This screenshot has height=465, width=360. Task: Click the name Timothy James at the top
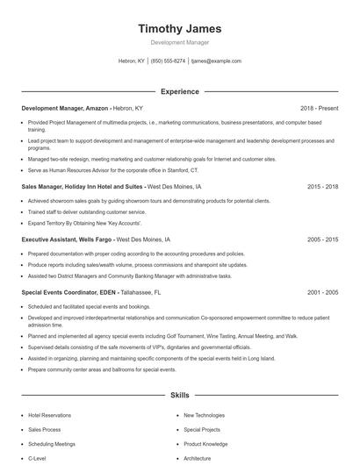click(179, 28)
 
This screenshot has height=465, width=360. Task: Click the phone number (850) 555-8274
click(168, 61)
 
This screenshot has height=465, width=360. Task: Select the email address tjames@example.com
click(216, 61)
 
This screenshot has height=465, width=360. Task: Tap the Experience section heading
click(179, 91)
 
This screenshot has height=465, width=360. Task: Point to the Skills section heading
click(179, 395)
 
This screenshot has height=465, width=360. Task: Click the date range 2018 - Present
click(319, 108)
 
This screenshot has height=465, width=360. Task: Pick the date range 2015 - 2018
click(323, 187)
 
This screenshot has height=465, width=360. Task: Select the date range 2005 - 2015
click(323, 239)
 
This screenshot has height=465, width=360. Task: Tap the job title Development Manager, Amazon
click(65, 108)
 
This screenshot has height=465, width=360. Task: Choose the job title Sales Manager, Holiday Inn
click(83, 187)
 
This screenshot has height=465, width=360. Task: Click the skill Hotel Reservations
click(50, 415)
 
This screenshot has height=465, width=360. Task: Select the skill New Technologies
click(205, 415)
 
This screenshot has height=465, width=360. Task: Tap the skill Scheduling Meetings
click(52, 444)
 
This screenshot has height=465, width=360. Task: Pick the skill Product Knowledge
click(205, 444)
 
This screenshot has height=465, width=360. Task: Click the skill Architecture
click(197, 458)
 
